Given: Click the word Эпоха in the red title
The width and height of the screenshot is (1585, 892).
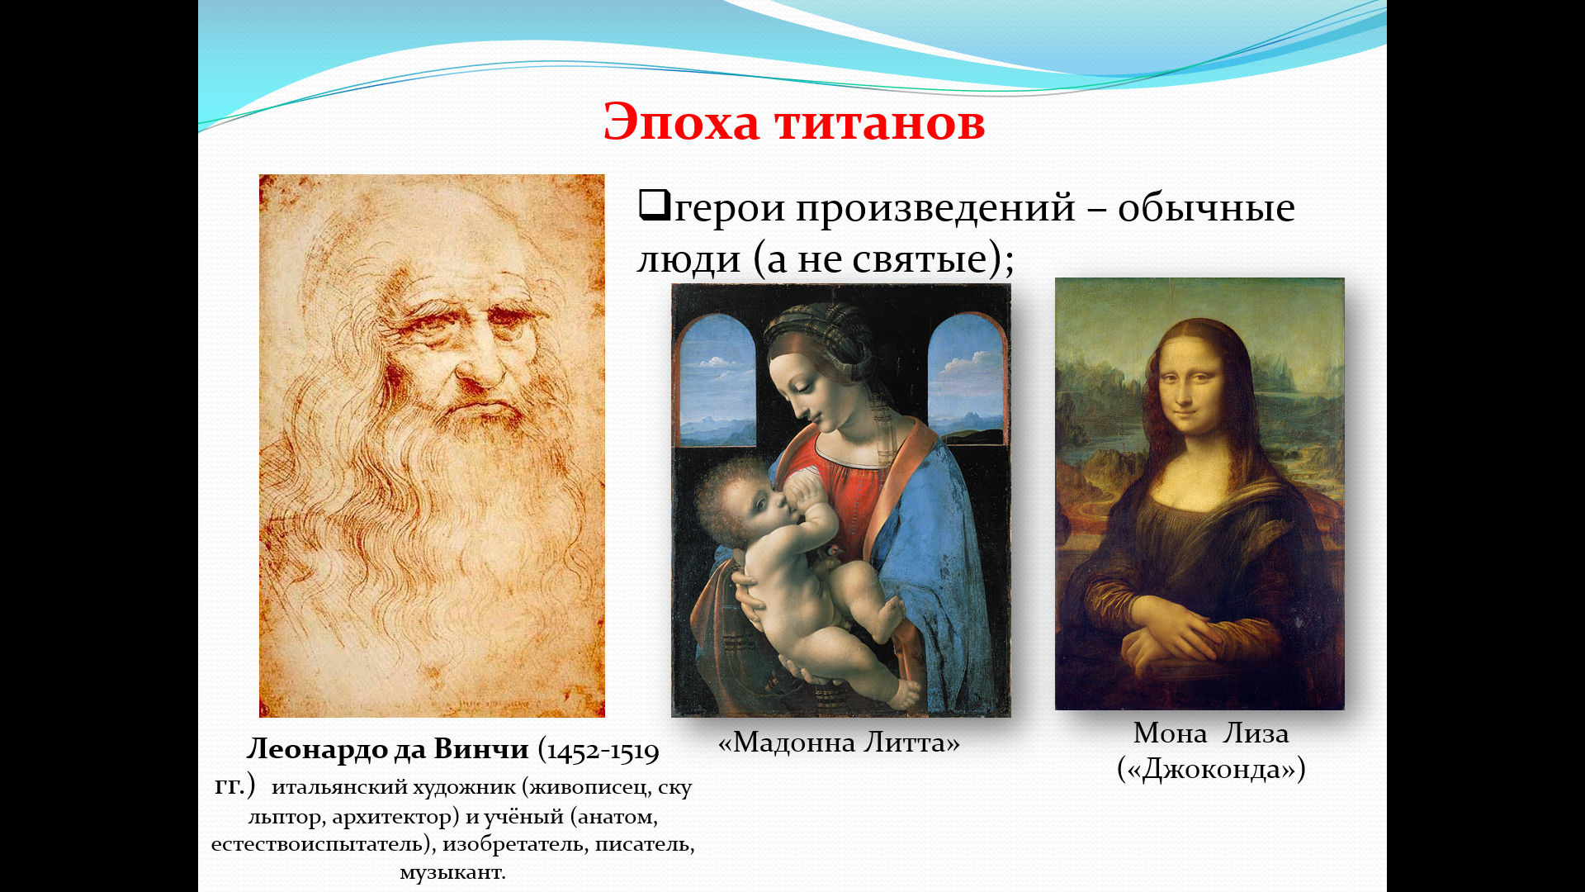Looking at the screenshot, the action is pyautogui.click(x=681, y=122).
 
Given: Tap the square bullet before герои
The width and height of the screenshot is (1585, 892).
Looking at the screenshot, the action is pyautogui.click(x=653, y=204).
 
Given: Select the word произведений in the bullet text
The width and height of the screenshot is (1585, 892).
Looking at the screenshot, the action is pyautogui.click(x=935, y=208).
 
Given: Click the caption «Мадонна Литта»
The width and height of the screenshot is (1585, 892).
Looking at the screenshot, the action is pyautogui.click(x=839, y=743).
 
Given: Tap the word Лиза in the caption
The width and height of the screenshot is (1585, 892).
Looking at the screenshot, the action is pyautogui.click(x=1256, y=733).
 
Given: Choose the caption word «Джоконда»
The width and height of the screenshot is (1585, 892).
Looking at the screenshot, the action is pyautogui.click(x=1211, y=770).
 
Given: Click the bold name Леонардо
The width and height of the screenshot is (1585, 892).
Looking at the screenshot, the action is pyautogui.click(x=316, y=749).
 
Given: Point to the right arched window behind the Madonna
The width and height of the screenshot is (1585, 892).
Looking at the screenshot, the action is pyautogui.click(x=967, y=376).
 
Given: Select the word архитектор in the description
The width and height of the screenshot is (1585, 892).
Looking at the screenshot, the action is pyautogui.click(x=395, y=818).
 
